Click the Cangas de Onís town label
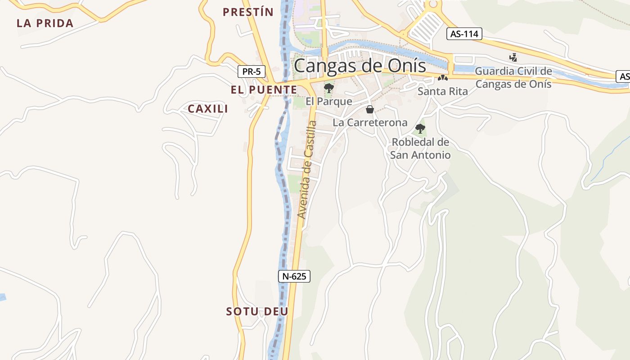click(360, 66)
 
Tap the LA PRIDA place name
click(45, 23)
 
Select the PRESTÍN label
click(248, 12)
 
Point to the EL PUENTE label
click(264, 90)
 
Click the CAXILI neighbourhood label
click(208, 109)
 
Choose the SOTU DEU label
click(257, 311)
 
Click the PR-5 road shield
click(252, 71)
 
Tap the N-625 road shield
click(294, 276)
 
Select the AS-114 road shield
click(464, 34)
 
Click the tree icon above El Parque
click(329, 88)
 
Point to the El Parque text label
click(329, 101)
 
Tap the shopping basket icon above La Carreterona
click(370, 109)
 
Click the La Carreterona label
click(370, 122)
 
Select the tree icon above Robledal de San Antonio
click(420, 129)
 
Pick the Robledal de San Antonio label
click(420, 148)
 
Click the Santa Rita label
click(443, 91)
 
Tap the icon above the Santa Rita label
click(443, 78)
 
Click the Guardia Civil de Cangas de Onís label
click(513, 77)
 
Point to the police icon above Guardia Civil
click(513, 57)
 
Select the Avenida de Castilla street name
click(307, 170)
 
